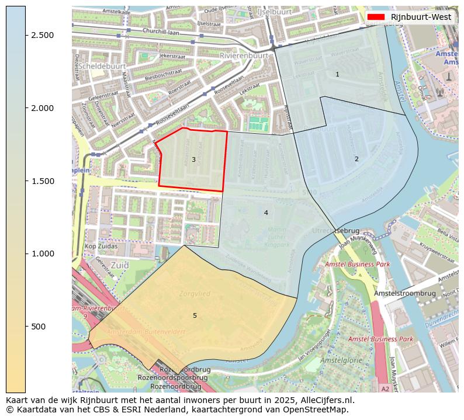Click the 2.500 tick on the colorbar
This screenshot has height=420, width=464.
coord(26,35)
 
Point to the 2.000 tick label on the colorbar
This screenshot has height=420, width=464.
coord(43,108)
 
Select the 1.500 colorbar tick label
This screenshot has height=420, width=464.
coord(43,181)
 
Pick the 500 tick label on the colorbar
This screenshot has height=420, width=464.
coord(39,327)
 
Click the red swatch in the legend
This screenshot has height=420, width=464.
coord(376,17)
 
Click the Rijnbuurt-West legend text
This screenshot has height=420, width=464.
coord(421,17)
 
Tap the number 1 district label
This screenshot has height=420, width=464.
coord(337,74)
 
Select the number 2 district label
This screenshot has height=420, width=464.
coord(356,159)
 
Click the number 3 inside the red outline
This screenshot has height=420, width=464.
coord(193,159)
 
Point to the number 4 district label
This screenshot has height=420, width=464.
coord(266,213)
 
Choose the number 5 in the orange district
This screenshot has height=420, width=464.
coord(195,315)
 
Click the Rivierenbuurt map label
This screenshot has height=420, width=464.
coord(244,55)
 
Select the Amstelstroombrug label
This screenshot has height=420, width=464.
coord(405,293)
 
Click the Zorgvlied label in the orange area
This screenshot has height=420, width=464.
coord(195,294)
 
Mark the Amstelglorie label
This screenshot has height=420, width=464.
coord(341,360)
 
